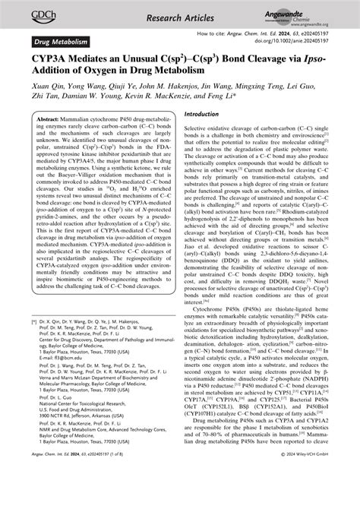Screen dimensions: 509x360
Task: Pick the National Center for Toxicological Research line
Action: [87, 446]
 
